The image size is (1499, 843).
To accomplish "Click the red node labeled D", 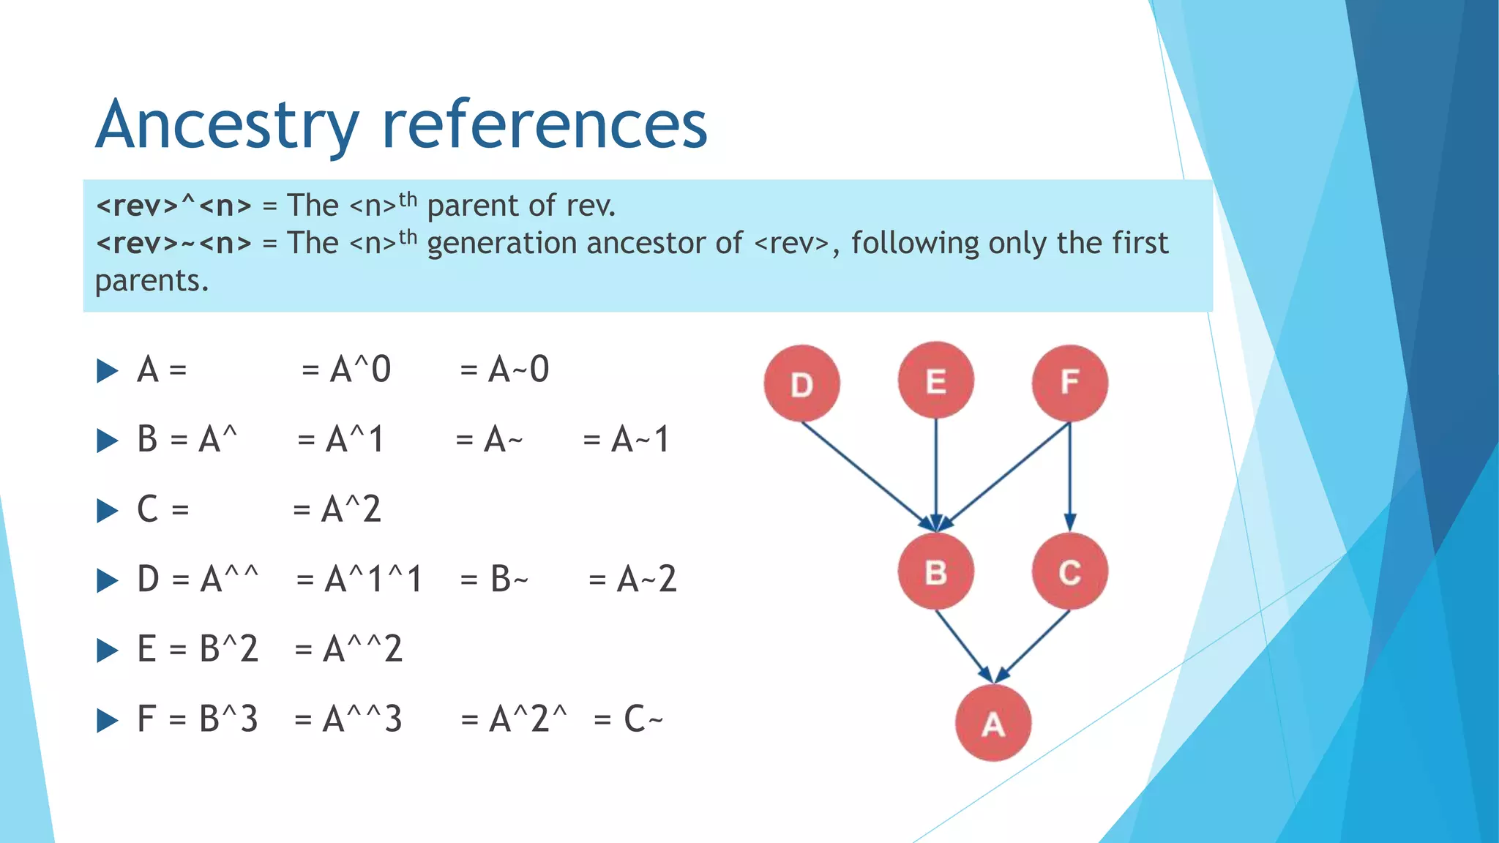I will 801,383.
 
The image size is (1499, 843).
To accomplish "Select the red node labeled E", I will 935,381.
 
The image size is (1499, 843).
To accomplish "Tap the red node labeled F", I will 1069,383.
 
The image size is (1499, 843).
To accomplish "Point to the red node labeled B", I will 935,572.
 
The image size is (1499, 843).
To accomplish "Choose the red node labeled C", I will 1069,572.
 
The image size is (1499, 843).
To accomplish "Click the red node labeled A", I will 993,723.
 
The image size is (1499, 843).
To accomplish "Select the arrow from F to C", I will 1070,476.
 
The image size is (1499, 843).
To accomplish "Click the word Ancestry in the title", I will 227,126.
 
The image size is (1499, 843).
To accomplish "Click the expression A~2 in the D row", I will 646,580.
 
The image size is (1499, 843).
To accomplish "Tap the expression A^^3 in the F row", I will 362,719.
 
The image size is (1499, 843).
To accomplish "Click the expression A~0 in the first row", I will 518,370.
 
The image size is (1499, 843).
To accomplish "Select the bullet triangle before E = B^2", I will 108,650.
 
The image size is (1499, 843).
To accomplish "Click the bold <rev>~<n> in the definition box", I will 173,243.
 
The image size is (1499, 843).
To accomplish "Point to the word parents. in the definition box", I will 152,281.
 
